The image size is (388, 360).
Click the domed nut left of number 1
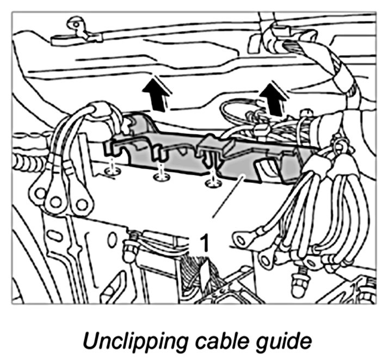coord(130,248)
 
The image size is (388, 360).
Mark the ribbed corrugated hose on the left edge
coord(24,161)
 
